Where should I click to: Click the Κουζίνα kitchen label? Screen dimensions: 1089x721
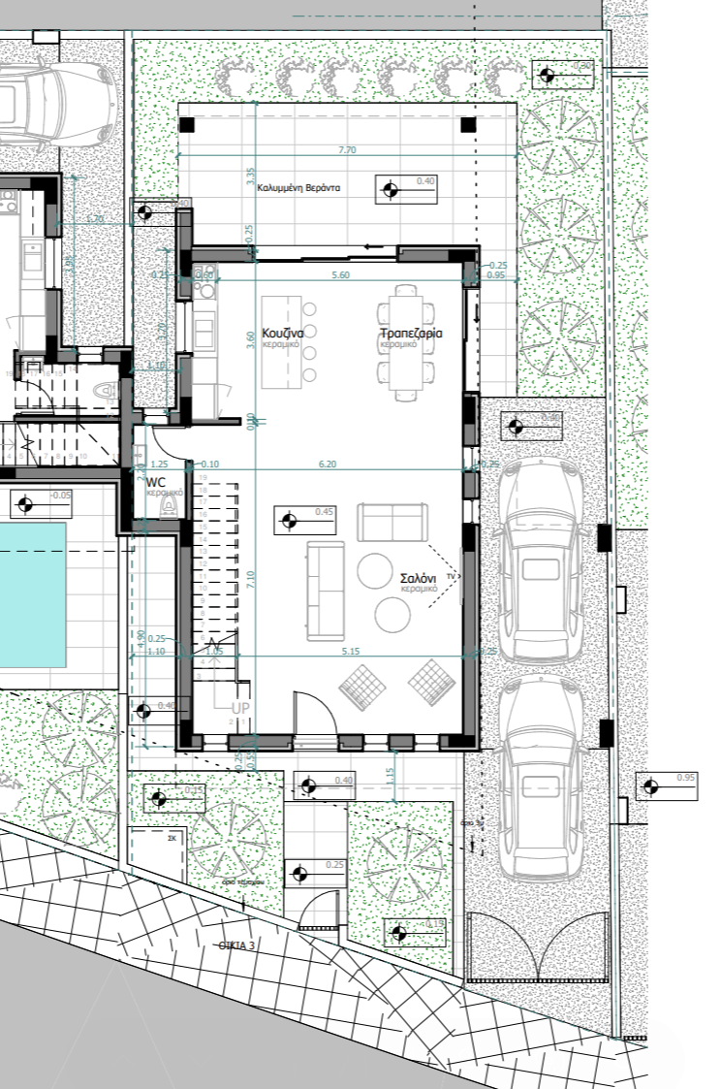click(x=284, y=332)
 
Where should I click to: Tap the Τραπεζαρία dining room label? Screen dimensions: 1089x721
click(x=411, y=333)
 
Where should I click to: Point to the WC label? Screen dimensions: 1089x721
click(x=155, y=481)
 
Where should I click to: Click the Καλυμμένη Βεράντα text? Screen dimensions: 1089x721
click(x=298, y=189)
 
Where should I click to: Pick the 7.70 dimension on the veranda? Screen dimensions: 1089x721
click(x=348, y=150)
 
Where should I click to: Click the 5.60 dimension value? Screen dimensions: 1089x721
click(x=340, y=275)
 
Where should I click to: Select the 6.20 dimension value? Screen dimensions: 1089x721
click(x=328, y=464)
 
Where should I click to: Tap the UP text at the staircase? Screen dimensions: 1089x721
click(x=240, y=709)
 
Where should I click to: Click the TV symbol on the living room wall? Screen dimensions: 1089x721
click(x=451, y=576)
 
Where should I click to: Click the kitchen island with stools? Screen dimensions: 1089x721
click(x=284, y=341)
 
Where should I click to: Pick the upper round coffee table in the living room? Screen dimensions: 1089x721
click(x=374, y=570)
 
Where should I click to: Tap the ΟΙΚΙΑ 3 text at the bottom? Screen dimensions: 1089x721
click(x=236, y=944)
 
